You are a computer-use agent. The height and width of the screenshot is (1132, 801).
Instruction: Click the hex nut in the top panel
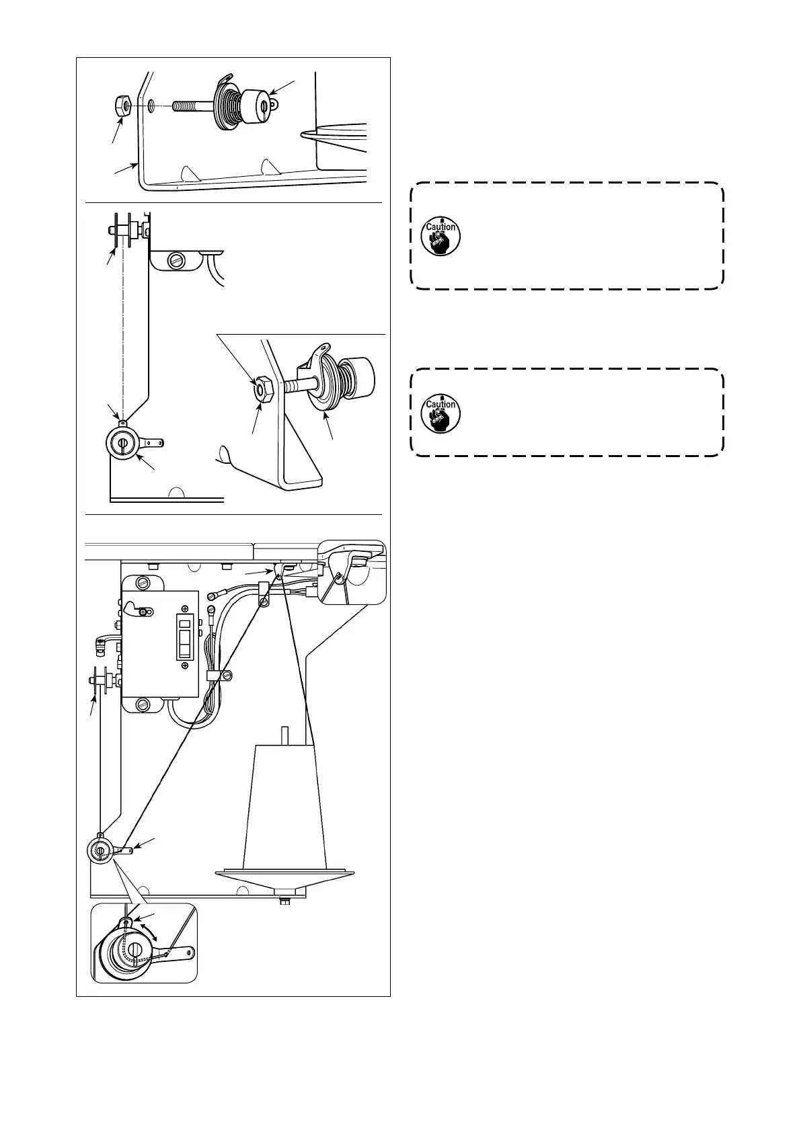(121, 106)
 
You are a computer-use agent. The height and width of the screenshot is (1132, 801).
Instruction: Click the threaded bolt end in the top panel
(190, 106)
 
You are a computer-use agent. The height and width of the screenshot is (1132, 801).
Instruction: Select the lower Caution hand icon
(441, 413)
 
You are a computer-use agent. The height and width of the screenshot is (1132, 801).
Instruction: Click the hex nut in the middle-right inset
(262, 388)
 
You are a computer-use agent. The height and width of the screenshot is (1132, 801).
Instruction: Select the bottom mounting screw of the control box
(143, 704)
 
